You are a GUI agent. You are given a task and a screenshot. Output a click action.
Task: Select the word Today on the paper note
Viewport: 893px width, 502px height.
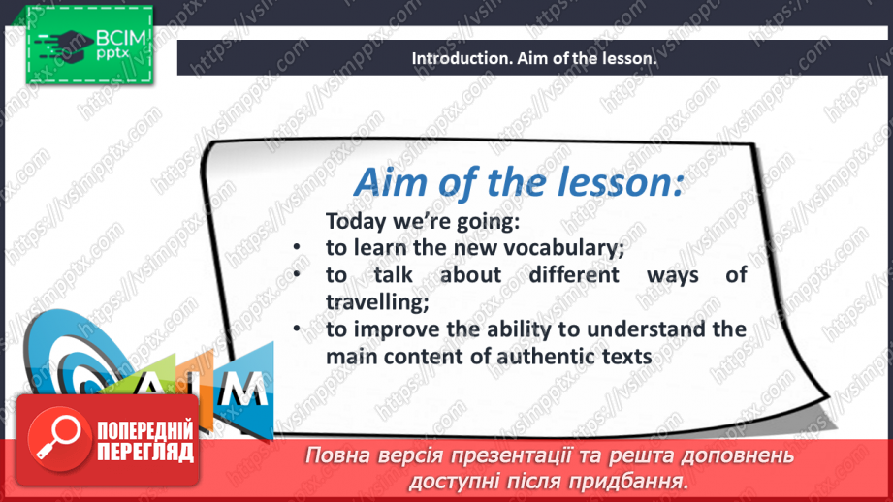coord(356,221)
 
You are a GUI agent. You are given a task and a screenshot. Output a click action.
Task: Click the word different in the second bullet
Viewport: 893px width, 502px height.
coord(573,275)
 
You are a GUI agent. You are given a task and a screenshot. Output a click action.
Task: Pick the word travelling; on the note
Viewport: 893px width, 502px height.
coord(377,302)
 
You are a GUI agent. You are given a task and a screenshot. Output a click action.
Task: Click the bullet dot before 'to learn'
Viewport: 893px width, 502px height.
coord(297,247)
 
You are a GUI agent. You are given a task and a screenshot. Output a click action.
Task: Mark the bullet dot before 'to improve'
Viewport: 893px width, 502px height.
coord(297,329)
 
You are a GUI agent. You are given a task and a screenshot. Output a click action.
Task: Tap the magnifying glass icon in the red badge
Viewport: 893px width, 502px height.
coord(58,437)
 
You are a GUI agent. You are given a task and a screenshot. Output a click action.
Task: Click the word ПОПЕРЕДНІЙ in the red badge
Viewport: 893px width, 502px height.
coord(145,431)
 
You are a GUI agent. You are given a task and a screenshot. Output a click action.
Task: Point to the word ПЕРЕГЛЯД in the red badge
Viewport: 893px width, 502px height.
coord(145,453)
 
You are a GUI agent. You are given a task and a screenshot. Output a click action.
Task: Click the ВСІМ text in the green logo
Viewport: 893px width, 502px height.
coord(121,38)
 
